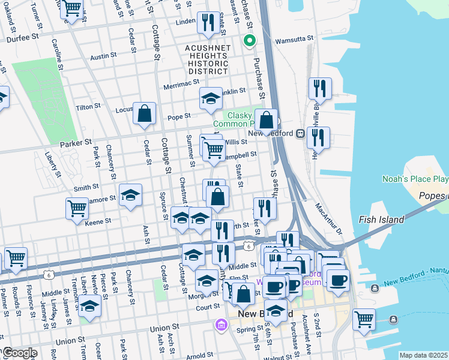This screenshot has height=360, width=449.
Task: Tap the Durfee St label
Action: click(x=22, y=37)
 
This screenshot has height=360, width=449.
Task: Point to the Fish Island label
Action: click(x=382, y=220)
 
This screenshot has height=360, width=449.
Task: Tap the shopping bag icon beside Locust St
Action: click(x=145, y=113)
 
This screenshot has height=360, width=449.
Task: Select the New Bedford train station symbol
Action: click(x=299, y=133)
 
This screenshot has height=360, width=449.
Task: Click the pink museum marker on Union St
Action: click(x=221, y=325)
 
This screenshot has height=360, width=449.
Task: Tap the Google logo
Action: click(x=19, y=353)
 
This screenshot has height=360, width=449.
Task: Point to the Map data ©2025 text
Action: click(x=423, y=355)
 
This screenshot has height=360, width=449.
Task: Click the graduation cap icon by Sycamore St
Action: click(x=130, y=195)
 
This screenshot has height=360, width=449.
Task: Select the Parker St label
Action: click(x=76, y=143)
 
